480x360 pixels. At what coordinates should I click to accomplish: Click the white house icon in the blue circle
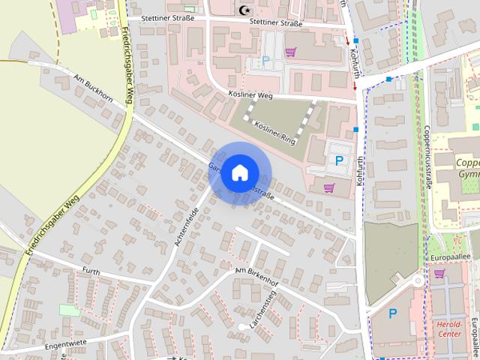click(239, 172)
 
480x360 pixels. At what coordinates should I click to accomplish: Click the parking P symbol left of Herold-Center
click(392, 313)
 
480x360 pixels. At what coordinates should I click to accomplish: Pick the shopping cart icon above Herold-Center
click(439, 274)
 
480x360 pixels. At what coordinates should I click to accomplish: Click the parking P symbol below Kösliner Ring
click(339, 160)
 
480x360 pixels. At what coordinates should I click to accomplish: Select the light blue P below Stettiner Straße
click(264, 61)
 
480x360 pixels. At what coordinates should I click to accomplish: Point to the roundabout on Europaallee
click(417, 280)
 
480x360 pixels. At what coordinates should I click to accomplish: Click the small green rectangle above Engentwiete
click(69, 310)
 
